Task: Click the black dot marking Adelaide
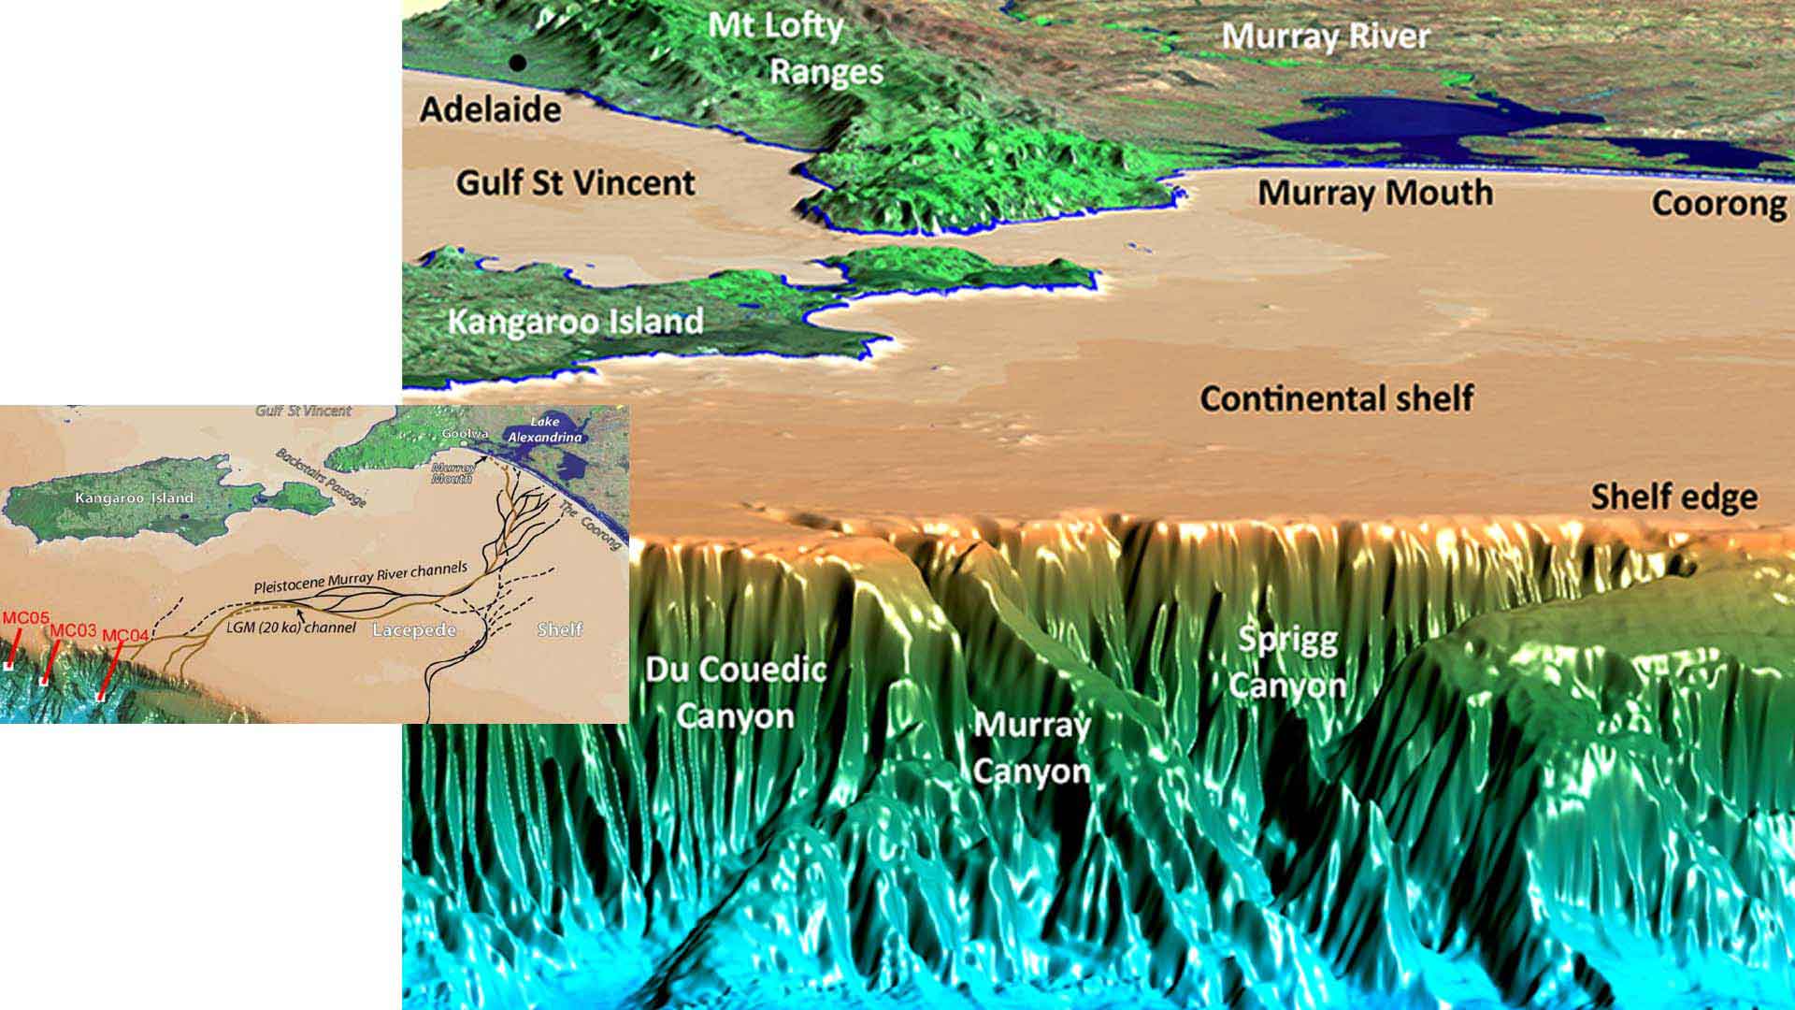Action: [x=517, y=63]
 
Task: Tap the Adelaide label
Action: [x=490, y=109]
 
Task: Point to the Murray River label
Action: [x=1326, y=36]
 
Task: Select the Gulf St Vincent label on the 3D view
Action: [x=575, y=182]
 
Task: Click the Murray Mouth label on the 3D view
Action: [x=1374, y=193]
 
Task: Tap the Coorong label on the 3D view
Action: [x=1718, y=203]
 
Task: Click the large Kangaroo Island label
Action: [x=575, y=322]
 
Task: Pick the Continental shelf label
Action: [x=1336, y=398]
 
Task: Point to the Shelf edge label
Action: [x=1673, y=497]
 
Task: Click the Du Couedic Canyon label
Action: [x=736, y=693]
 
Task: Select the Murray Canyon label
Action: [x=1031, y=748]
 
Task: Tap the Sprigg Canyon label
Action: [x=1287, y=662]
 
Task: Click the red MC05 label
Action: [x=25, y=618]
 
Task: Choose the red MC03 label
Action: [x=73, y=630]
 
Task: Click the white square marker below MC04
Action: [x=100, y=696]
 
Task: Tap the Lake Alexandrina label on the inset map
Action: [x=545, y=429]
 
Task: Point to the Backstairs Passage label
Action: [x=320, y=476]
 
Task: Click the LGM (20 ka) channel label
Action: [x=291, y=628]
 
